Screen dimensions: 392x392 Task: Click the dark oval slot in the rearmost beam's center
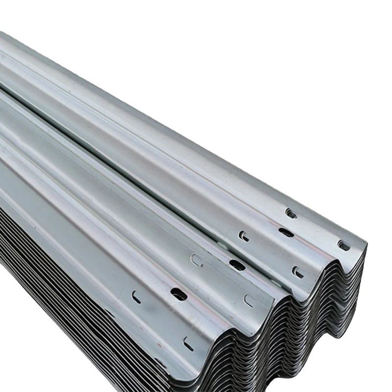(286, 233)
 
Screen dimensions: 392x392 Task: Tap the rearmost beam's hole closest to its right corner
(344, 245)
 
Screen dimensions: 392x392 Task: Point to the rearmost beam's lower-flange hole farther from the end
(244, 236)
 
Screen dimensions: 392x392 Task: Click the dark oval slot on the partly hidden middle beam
(237, 265)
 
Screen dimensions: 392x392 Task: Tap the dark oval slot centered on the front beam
(178, 294)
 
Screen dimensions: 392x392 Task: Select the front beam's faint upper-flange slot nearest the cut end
(249, 301)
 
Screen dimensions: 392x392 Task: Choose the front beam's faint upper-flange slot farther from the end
(197, 260)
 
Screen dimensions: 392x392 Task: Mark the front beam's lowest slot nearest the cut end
(189, 344)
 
